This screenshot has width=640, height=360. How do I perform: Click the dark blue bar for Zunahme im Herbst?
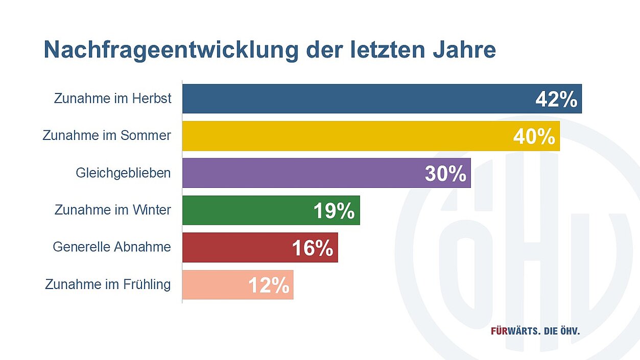pyautogui.click(x=358, y=99)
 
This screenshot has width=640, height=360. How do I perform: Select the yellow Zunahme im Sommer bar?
pyautogui.click(x=347, y=136)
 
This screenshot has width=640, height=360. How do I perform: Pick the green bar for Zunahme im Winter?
pyautogui.click(x=245, y=210)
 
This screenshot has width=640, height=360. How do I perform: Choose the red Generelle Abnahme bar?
pyautogui.click(x=235, y=248)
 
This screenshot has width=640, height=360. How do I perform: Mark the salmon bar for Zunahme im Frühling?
pyautogui.click(x=215, y=284)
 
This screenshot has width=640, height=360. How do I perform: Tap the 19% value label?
pyautogui.click(x=334, y=211)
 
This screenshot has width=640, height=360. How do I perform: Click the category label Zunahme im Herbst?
pyautogui.click(x=113, y=99)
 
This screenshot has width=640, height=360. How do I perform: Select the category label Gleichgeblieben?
pyautogui.click(x=123, y=173)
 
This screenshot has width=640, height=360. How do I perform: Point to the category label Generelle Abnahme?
pyautogui.click(x=112, y=247)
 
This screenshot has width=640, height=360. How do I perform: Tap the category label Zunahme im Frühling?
pyautogui.click(x=108, y=284)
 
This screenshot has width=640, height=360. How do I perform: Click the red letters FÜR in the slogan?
pyautogui.click(x=499, y=331)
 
